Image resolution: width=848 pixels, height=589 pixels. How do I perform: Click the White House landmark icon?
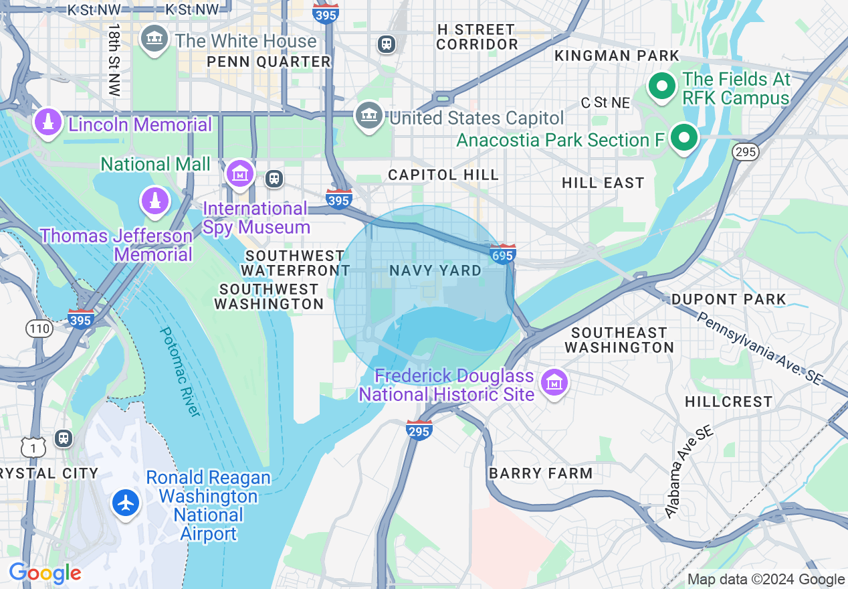(154, 38)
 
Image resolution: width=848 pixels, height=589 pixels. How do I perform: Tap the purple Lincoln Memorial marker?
(48, 122)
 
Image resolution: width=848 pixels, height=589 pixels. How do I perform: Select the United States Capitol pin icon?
(369, 115)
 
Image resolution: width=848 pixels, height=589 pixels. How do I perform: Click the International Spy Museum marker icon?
(239, 173)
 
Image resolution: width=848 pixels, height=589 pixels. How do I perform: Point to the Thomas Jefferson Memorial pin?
(154, 200)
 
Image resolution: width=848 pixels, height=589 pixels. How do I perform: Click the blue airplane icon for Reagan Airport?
(126, 502)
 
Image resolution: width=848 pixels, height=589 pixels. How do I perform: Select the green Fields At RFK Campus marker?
(661, 86)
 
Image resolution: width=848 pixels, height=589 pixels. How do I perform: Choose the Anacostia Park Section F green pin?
(683, 139)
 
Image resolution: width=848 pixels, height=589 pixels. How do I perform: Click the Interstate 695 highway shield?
(502, 254)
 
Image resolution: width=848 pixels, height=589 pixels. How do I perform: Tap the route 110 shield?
(39, 328)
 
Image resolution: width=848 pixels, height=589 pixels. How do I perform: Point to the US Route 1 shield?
(33, 446)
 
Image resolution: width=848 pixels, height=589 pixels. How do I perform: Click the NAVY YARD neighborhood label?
(435, 270)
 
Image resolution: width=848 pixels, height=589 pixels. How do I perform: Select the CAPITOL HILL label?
(443, 175)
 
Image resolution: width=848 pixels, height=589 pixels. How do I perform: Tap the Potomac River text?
(180, 372)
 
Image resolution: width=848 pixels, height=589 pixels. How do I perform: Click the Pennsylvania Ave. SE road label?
(758, 347)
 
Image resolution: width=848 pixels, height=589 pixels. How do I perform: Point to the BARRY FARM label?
(540, 473)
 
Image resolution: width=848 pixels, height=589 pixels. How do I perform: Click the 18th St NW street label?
(114, 60)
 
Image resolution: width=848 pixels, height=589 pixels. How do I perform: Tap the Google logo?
(45, 574)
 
